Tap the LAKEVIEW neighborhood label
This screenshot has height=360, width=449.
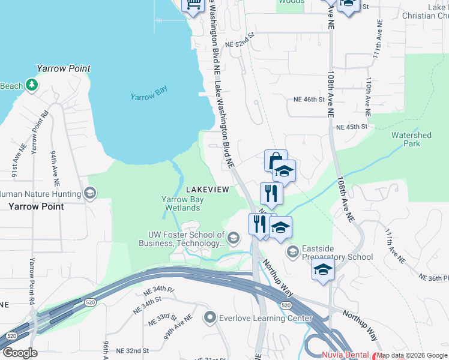click(x=207, y=190)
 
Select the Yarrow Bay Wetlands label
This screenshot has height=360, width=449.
click(x=182, y=203)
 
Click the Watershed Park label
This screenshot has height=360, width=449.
click(x=411, y=139)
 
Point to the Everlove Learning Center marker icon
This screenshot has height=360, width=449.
click(x=210, y=317)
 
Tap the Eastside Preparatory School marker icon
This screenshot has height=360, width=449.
click(x=293, y=251)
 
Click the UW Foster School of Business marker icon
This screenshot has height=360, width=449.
click(x=234, y=239)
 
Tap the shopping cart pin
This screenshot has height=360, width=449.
click(x=193, y=5)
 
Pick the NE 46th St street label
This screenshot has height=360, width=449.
click(x=309, y=99)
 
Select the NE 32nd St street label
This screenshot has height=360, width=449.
click(x=132, y=350)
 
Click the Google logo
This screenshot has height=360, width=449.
click(x=20, y=353)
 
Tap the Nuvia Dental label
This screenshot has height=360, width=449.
click(x=345, y=355)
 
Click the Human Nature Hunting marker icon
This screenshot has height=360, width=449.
click(x=90, y=193)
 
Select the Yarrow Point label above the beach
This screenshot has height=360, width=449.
click(x=64, y=68)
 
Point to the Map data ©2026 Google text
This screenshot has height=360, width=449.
click(x=412, y=355)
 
